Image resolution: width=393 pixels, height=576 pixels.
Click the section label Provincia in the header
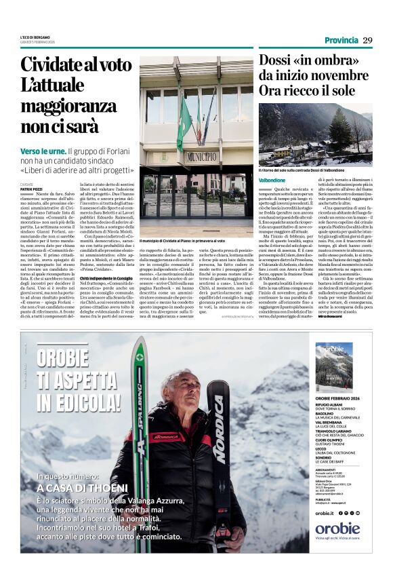(x=341, y=40)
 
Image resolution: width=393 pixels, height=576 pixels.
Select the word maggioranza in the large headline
(x=68, y=107)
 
